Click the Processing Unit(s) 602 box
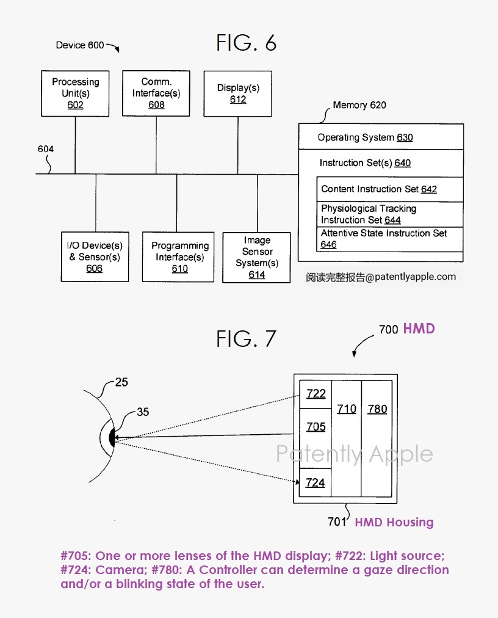pos(76,93)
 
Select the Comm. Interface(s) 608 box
pos(156,93)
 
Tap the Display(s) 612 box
pos(237,93)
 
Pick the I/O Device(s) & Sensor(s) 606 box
pos(95,257)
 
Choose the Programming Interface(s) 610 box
pos(179,257)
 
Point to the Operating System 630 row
pos(365,137)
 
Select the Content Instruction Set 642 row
pos(379,189)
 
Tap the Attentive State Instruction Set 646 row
pos(384,239)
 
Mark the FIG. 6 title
pos(247,43)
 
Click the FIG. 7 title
pos(247,338)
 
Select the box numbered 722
pos(316,394)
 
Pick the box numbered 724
pos(316,482)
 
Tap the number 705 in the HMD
pos(316,427)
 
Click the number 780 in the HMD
pos(377,409)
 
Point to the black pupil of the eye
pos(112,438)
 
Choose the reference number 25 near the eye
pos(122,383)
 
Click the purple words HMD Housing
pos(394,522)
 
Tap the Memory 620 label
pos(359,105)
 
